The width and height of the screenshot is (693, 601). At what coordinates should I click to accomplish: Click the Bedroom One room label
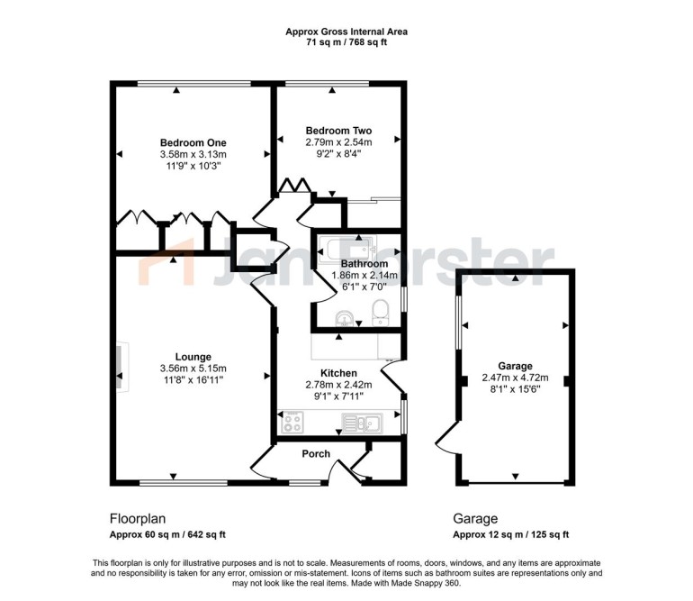tap(193, 142)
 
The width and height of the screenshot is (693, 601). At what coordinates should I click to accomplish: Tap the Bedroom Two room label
tap(338, 131)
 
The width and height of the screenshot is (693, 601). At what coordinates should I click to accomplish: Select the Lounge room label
tap(193, 357)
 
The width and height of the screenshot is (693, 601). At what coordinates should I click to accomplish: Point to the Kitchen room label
tap(338, 373)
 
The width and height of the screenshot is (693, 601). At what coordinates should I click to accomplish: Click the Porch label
tap(316, 453)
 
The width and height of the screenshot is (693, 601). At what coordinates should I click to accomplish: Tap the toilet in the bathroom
tap(380, 312)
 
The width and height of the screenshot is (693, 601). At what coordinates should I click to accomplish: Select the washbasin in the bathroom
tap(344, 318)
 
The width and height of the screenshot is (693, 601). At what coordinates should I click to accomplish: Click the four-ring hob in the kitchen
tap(292, 423)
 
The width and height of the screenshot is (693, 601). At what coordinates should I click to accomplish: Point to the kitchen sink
tap(362, 423)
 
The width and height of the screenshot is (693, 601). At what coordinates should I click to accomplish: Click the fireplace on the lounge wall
tap(122, 367)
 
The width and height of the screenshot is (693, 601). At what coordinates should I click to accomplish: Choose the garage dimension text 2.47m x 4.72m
tap(515, 378)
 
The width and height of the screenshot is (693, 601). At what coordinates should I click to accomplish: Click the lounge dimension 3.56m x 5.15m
tap(193, 369)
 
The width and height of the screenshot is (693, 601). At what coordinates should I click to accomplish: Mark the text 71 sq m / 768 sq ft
tap(346, 42)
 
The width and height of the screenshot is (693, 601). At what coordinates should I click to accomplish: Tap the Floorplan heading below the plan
tap(138, 518)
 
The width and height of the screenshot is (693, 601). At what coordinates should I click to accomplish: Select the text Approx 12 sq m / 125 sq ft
tap(511, 534)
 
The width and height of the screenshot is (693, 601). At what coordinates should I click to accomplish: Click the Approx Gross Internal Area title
tap(346, 32)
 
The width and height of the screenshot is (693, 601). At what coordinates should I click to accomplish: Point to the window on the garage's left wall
tap(458, 323)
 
